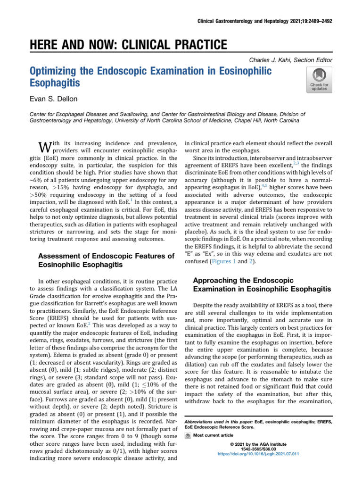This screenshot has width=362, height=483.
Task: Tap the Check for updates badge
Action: click(x=319, y=78)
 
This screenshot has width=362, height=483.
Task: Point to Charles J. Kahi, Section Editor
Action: click(x=290, y=60)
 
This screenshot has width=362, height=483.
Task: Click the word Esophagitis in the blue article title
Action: click(x=55, y=83)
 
